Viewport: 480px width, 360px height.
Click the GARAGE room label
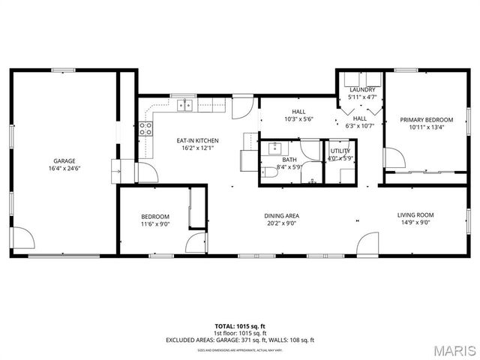coord(64,160)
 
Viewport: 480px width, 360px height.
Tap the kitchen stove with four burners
coord(145,128)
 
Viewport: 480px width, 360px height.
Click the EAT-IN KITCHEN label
coord(197,140)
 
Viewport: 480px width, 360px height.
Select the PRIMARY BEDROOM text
coord(426,120)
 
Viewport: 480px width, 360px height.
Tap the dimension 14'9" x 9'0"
coord(415,223)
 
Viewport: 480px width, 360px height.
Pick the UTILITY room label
coord(340,151)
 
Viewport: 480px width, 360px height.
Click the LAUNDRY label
coord(362,90)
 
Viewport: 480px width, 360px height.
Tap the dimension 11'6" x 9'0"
coord(155,223)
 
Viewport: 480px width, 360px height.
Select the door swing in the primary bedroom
coord(392,157)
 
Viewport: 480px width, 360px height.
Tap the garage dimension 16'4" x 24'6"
coord(64,169)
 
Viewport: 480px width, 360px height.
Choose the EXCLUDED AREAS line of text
coord(240,340)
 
